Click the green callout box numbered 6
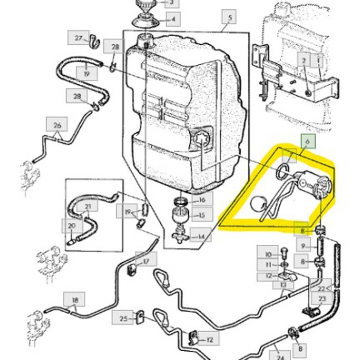(x=307, y=140)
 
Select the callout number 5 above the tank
(x=229, y=19)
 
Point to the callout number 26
(x=57, y=125)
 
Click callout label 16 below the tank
(x=202, y=200)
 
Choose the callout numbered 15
(x=202, y=215)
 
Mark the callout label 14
(x=201, y=237)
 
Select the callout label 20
(x=71, y=225)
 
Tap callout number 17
(x=147, y=262)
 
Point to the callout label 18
(x=75, y=300)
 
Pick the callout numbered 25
(x=123, y=319)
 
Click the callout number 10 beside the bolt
(x=268, y=254)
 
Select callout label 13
(x=283, y=284)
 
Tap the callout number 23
(x=322, y=298)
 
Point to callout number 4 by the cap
(x=173, y=21)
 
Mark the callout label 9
(x=303, y=246)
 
